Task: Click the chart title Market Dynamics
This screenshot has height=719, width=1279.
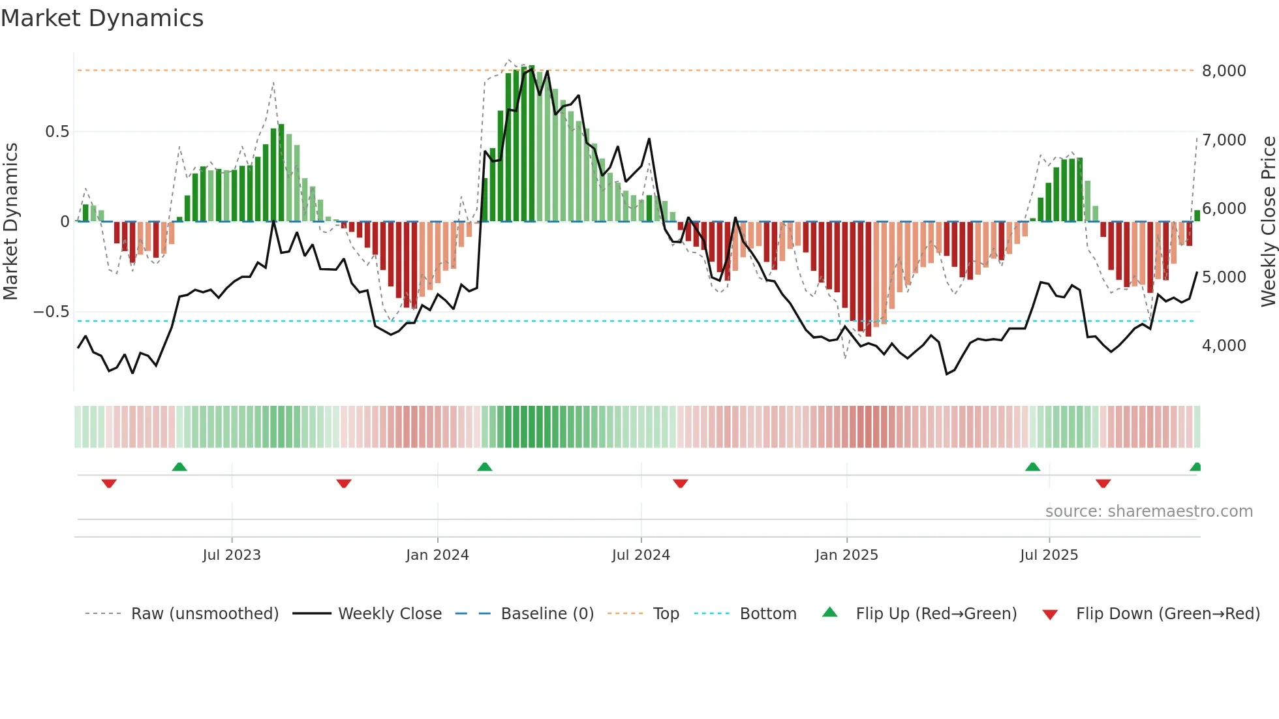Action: click(102, 18)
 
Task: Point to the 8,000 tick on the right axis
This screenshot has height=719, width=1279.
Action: click(1224, 71)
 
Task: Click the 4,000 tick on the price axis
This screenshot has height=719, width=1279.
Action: click(1224, 346)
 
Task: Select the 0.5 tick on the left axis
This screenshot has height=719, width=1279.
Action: click(57, 132)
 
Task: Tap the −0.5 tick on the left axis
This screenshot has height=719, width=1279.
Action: click(52, 312)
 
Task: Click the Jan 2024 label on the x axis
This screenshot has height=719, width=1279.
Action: click(437, 555)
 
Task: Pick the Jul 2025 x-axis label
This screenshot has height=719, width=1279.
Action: click(1049, 555)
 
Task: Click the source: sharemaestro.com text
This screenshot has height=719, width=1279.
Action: click(1148, 512)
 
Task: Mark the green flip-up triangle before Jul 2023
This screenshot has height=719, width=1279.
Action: click(179, 467)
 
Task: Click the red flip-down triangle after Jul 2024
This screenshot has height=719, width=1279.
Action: click(680, 483)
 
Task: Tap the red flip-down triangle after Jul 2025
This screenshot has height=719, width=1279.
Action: click(1103, 483)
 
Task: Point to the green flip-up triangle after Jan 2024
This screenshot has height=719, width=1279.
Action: click(484, 467)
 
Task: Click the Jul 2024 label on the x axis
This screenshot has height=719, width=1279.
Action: click(641, 555)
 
